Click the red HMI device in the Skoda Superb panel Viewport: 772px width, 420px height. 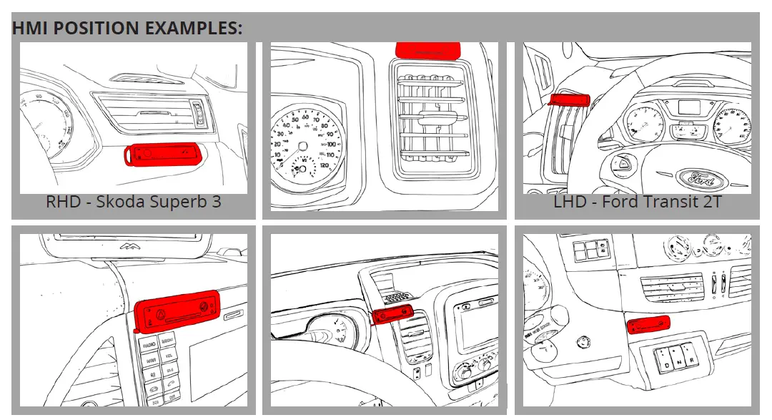pyautogui.click(x=162, y=153)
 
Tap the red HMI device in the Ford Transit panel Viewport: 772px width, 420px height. pyautogui.click(x=569, y=99)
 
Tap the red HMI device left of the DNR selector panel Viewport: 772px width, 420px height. pyautogui.click(x=648, y=326)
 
